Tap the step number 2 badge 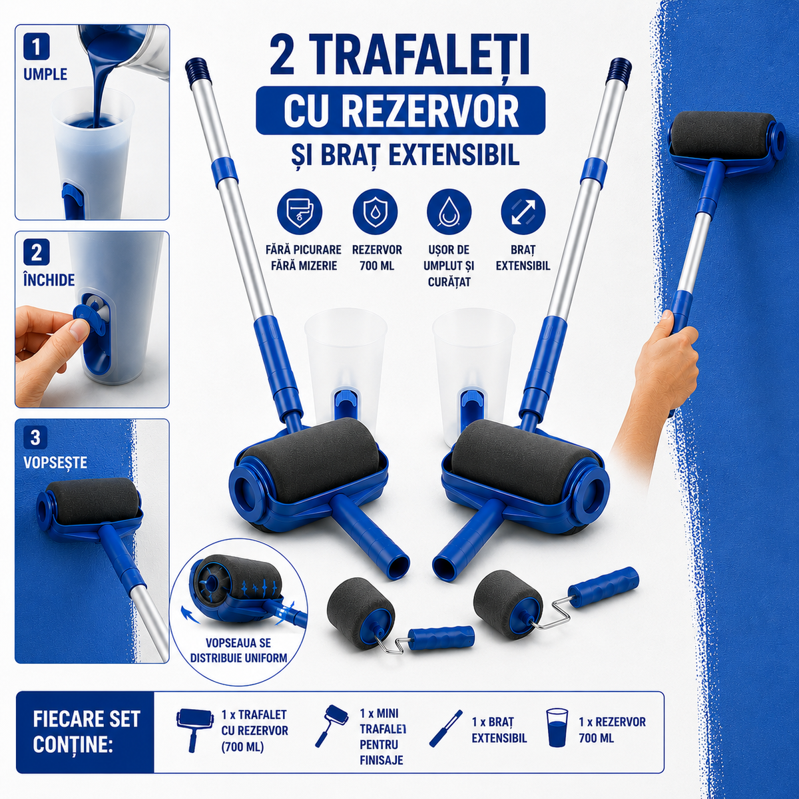[x=37, y=254]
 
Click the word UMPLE [x=46, y=75]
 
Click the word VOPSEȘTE [x=55, y=462]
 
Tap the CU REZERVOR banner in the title [x=400, y=111]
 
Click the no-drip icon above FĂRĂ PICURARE [x=300, y=212]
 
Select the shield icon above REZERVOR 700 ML [x=375, y=212]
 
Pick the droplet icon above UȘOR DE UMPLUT [x=449, y=212]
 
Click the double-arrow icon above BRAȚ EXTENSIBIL [x=523, y=212]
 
